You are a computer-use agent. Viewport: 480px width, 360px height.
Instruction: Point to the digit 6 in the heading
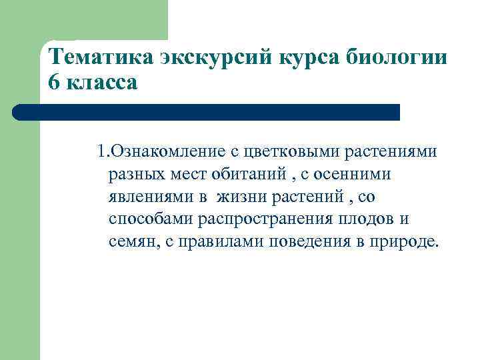[54, 83]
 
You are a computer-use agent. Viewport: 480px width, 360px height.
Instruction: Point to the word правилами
[217, 241]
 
